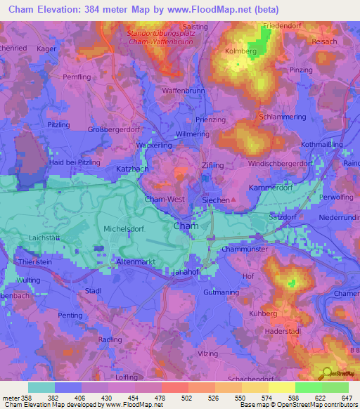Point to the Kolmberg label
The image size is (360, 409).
click(240, 51)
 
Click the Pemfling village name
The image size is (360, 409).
click(77, 75)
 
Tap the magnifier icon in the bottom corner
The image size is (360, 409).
click(326, 374)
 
